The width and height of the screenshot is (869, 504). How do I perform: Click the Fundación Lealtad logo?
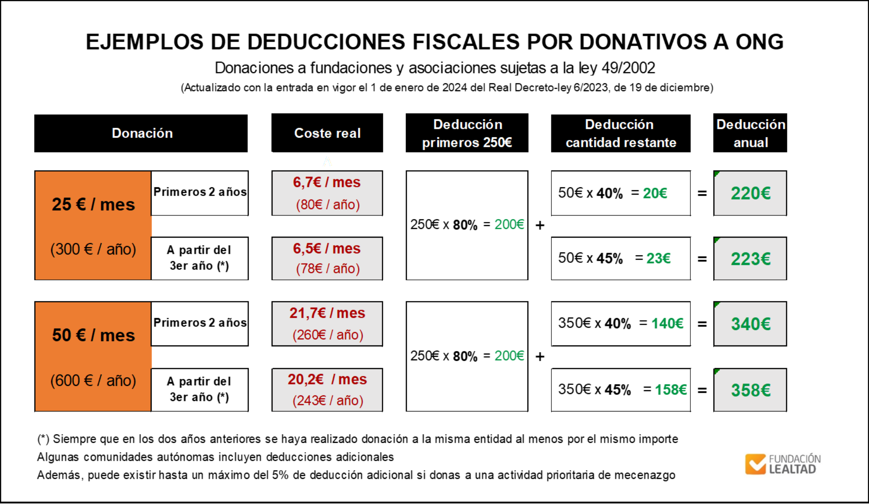tap(783, 464)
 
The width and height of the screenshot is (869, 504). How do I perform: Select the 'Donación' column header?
tap(141, 133)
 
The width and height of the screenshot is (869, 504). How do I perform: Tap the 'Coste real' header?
tap(327, 133)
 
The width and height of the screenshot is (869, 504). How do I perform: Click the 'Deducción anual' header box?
tap(750, 133)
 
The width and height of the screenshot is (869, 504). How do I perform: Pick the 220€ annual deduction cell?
tap(750, 193)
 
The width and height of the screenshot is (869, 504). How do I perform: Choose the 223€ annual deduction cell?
tap(750, 259)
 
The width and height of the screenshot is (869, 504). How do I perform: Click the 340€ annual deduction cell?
tap(750, 324)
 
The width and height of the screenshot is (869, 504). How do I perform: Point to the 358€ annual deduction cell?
tap(750, 390)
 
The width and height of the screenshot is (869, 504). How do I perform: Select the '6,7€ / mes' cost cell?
tap(327, 193)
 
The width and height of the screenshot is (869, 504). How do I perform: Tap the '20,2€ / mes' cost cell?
tap(327, 390)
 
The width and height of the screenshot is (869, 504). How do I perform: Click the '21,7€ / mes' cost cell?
tap(327, 324)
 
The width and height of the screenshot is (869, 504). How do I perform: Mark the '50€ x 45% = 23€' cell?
tap(620, 259)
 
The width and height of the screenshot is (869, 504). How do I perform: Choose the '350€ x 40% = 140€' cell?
tap(620, 324)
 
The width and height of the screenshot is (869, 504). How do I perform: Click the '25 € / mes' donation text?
tap(93, 205)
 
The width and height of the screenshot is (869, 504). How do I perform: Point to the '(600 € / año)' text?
tap(93, 381)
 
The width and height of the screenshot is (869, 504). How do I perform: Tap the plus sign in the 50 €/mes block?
tap(540, 357)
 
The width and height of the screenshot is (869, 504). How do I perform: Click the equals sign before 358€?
tap(702, 391)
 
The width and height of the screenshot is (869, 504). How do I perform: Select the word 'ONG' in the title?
tap(760, 42)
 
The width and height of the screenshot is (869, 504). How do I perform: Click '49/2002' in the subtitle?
tap(628, 68)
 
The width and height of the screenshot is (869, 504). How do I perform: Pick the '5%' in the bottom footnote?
tap(280, 475)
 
